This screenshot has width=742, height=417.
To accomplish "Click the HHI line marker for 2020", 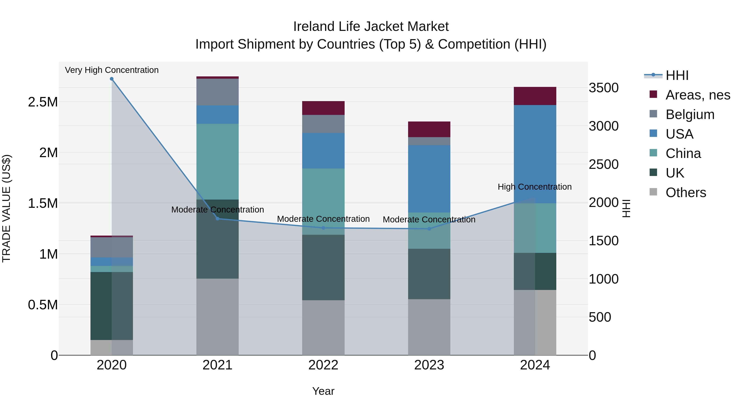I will click(112, 79).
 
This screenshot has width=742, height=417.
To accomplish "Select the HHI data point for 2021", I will click(217, 219).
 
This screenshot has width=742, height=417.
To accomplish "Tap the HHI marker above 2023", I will click(429, 229).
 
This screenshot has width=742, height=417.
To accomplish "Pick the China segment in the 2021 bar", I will click(217, 161).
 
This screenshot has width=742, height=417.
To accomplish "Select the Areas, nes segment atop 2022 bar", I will click(323, 108).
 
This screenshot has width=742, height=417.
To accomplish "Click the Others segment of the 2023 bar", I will click(429, 327).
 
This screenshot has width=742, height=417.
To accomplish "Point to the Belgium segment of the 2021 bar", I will click(217, 92).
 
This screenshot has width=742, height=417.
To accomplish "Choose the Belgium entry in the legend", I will click(690, 114).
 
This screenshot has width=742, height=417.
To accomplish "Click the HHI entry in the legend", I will click(677, 75).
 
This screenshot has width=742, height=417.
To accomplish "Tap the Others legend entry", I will click(686, 193).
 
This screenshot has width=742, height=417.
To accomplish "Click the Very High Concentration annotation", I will click(112, 70).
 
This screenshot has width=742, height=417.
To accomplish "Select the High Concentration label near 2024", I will click(535, 187).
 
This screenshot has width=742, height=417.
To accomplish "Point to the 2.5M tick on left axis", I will click(43, 102).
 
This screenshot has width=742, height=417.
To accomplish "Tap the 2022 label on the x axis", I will click(323, 365).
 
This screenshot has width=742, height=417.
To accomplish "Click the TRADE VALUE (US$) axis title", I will click(6, 208).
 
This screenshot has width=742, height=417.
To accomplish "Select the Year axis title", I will click(323, 391).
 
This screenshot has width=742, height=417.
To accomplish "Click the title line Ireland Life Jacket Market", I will click(371, 27).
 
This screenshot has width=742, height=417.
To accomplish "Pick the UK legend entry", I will click(675, 173).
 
